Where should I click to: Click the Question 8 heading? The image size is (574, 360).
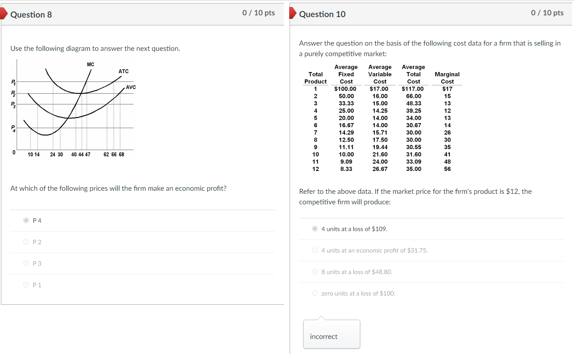click(31, 14)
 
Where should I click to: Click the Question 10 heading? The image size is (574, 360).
click(322, 14)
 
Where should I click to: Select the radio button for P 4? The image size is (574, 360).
click(26, 221)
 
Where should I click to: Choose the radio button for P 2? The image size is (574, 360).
click(26, 242)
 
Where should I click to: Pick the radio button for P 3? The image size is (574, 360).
click(26, 264)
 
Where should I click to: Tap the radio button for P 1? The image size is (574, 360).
click(26, 285)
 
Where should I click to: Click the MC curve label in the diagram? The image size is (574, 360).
click(90, 64)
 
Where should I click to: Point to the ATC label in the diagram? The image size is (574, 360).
click(123, 71)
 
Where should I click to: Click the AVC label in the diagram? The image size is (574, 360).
click(131, 87)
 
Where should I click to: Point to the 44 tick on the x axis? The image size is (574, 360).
click(81, 154)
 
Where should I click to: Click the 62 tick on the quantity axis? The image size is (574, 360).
click(107, 154)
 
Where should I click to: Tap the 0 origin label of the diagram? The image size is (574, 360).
click(14, 153)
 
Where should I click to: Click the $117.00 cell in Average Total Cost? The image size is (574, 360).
click(413, 89)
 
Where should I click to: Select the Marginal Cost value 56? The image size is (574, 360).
click(447, 169)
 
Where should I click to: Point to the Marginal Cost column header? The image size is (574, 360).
click(447, 78)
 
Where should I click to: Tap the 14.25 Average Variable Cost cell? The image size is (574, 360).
click(380, 110)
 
